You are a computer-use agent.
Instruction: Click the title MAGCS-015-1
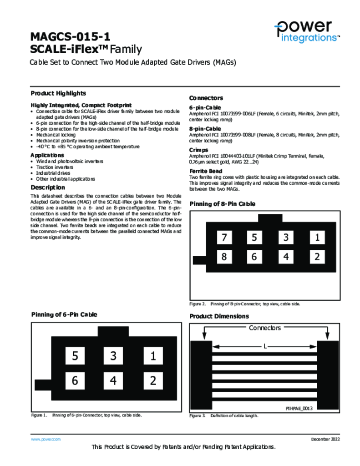coord(70,36)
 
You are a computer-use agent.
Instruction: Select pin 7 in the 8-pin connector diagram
coord(224,237)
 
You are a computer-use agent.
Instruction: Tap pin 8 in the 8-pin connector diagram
coord(224,257)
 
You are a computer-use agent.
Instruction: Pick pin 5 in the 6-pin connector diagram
coord(75,356)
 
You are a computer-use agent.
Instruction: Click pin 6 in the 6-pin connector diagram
coord(75,380)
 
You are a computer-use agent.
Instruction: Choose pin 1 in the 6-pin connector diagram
coord(153,356)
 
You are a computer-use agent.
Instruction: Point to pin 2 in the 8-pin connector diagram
coord(317,257)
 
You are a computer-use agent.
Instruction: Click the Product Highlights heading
coord(58,93)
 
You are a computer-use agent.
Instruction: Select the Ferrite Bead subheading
coord(206,171)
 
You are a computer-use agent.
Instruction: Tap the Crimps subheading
coord(198,150)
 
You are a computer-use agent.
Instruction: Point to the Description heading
coord(48,187)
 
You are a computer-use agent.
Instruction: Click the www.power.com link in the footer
coord(46,439)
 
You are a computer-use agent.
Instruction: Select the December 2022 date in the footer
coord(325,439)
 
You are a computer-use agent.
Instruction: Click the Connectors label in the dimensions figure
coord(264,328)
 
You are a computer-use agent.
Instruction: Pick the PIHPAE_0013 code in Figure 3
coord(299,409)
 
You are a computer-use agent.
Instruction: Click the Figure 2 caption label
coord(198,304)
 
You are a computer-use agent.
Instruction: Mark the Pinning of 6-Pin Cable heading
coord(64,314)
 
